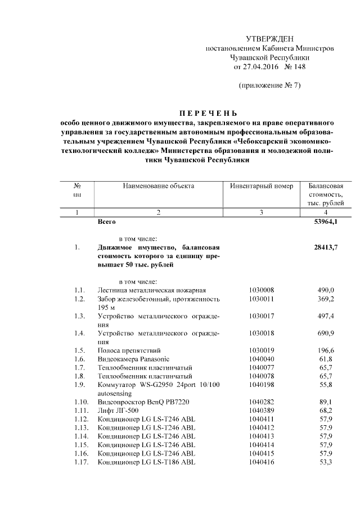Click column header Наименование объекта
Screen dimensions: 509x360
click(x=158, y=185)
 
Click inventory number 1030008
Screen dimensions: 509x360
click(x=262, y=290)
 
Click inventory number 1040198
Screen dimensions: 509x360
click(x=262, y=385)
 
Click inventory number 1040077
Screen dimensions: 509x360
click(x=262, y=367)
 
